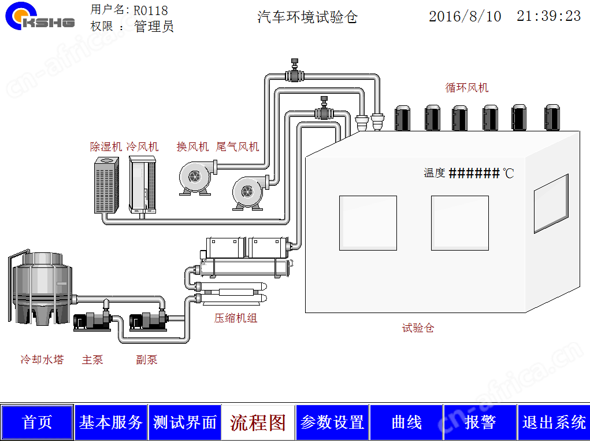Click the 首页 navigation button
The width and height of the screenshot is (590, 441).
37,422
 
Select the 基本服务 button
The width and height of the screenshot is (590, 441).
110,422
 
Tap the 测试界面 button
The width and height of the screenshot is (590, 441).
185,422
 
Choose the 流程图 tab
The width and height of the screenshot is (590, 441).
258,422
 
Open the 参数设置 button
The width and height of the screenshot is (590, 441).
332,422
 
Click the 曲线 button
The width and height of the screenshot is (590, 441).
406,422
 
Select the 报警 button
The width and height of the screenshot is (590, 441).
480,422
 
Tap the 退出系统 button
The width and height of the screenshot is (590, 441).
554,422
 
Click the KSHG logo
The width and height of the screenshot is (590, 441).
39,16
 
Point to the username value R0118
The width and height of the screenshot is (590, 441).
150,10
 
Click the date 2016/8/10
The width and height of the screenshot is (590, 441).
465,16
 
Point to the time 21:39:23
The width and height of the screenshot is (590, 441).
548,16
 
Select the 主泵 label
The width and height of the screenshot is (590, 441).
92,359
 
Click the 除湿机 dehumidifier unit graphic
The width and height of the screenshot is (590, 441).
106,185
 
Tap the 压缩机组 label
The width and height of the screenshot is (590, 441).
236,318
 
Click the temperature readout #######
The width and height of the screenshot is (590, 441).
474,174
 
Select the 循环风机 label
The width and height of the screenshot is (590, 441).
467,88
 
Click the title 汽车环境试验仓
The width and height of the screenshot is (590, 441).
307,17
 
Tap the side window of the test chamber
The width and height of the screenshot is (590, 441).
551,204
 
